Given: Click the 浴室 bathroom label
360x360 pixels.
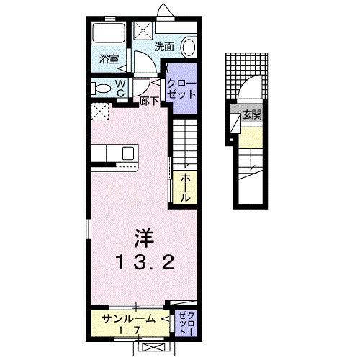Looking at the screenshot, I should pyautogui.click(x=109, y=60).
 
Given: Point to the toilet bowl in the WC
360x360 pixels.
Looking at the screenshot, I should pyautogui.click(x=103, y=89).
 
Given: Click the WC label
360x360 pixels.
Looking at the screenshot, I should pyautogui.click(x=121, y=88).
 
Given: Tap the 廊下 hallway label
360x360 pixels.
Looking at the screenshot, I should pyautogui.click(x=150, y=102).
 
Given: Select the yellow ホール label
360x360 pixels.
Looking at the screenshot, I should pyautogui.click(x=185, y=186).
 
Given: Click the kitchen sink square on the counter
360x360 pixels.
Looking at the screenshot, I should pyautogui.click(x=127, y=153).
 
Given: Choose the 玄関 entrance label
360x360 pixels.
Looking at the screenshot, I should pyautogui.click(x=251, y=114).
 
